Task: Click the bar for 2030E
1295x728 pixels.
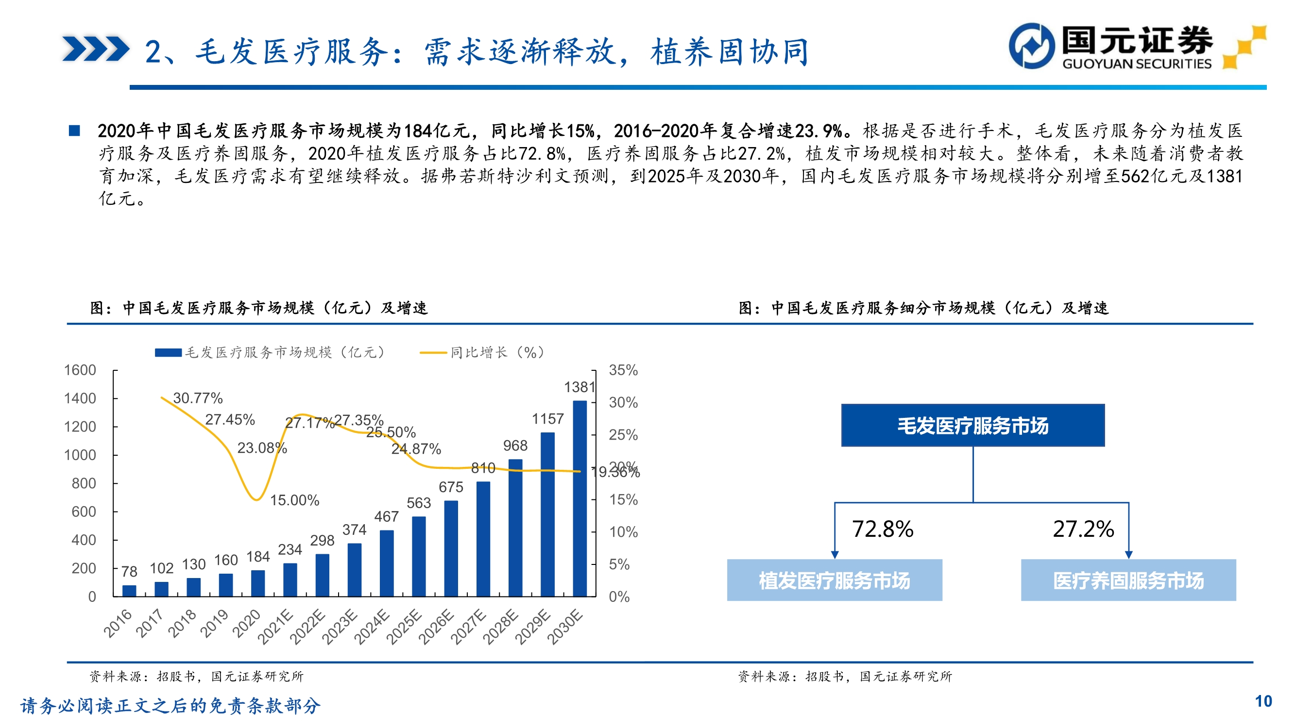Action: coord(579,498)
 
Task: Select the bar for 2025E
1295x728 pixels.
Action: coord(419,556)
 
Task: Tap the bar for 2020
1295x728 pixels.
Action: coord(258,583)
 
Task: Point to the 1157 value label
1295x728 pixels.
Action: coord(547,419)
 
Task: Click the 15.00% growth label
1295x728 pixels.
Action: coord(294,500)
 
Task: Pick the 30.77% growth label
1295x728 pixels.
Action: coord(198,398)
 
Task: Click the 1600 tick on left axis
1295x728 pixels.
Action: coord(80,370)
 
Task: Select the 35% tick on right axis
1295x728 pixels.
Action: coord(623,370)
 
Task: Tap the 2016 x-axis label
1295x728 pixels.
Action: coord(118,623)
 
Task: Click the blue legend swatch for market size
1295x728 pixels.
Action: coord(168,353)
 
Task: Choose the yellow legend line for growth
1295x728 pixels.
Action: coord(433,353)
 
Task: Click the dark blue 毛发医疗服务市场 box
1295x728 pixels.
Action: coord(973,426)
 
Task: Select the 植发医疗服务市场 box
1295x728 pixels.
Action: coord(835,580)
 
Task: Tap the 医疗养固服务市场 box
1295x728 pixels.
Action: coord(1128,580)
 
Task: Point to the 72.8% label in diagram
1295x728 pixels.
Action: coord(883,529)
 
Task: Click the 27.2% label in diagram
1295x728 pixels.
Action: coord(1083,529)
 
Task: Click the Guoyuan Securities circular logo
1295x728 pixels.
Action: coord(1032,46)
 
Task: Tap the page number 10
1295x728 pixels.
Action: coord(1263,701)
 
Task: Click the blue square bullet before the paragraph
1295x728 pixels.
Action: coord(74,131)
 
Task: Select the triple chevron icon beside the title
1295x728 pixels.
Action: coord(96,49)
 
